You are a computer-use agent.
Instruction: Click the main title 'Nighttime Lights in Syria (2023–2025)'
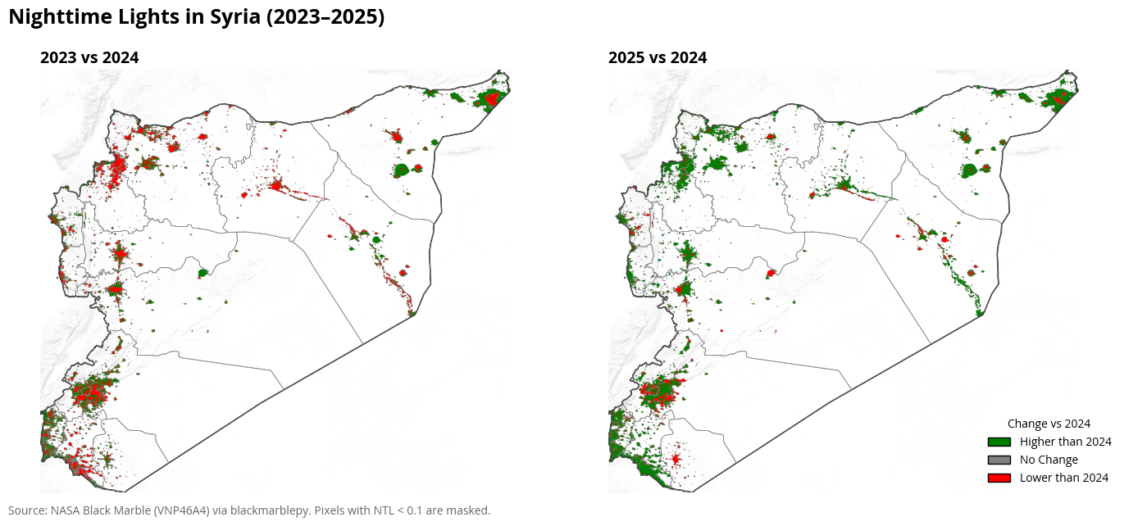tap(196, 17)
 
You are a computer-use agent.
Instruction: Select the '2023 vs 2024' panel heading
tap(89, 57)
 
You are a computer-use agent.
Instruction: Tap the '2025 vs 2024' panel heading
tap(658, 57)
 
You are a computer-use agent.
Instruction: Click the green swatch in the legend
tap(999, 442)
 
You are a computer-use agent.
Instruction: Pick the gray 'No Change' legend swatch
tap(999, 460)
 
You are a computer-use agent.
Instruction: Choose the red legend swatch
tap(999, 478)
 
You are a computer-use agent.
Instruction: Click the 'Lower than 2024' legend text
tap(1064, 478)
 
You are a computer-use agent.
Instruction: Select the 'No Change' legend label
tap(1049, 460)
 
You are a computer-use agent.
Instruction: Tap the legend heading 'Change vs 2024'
tap(1049, 424)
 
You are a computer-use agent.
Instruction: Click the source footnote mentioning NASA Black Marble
tap(249, 510)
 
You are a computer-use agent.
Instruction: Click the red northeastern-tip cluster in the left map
tap(491, 99)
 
